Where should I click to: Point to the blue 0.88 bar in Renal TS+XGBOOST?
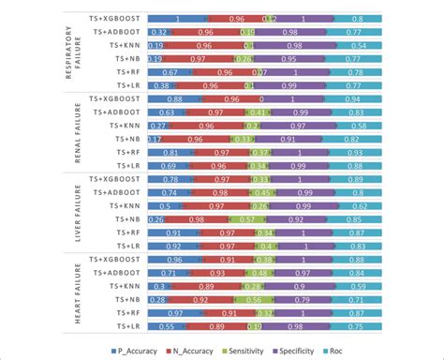tap(174, 97)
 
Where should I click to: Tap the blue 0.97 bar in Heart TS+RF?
tap(176, 312)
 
